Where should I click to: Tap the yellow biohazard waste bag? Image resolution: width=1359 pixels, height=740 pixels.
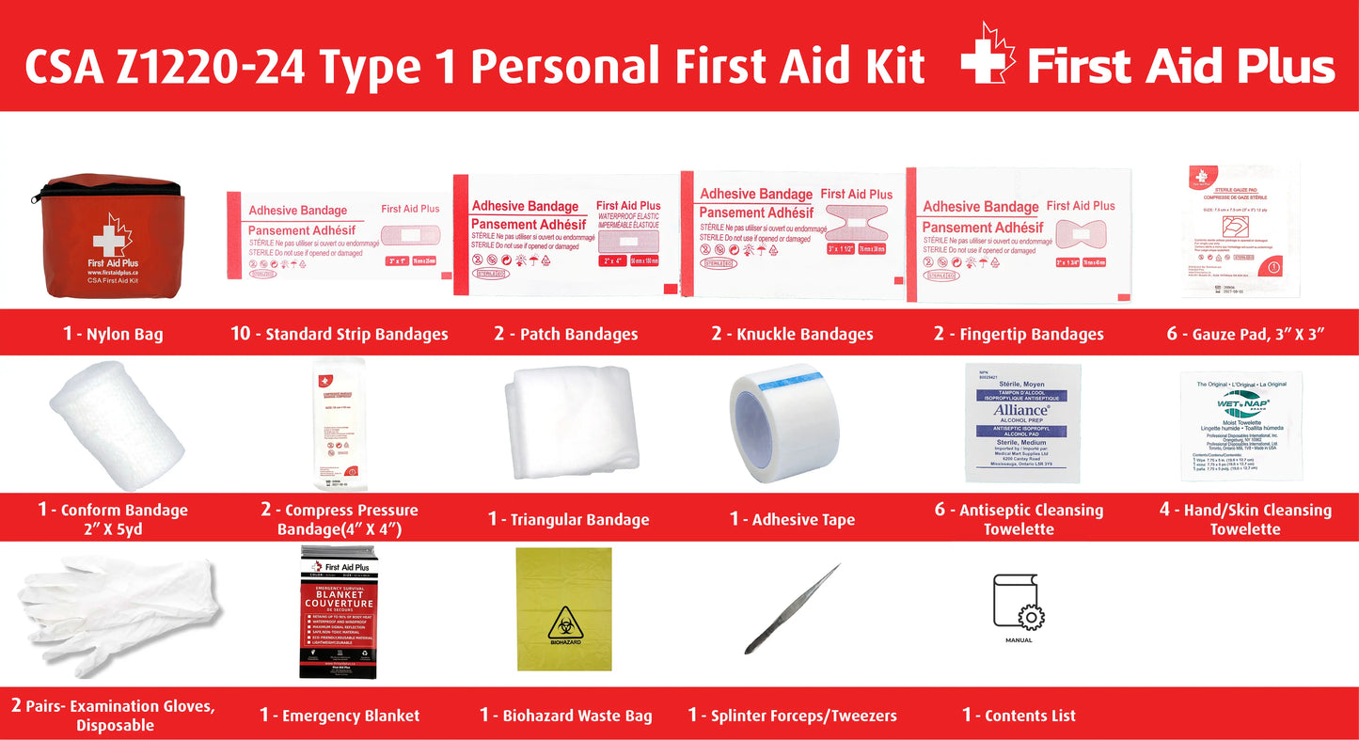pos(564,609)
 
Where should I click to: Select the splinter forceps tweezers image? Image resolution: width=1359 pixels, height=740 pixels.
pos(792,609)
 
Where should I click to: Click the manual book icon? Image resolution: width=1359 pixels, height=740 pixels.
pos(1019,603)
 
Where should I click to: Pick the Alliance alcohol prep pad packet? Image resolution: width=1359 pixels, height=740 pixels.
pos(1022,423)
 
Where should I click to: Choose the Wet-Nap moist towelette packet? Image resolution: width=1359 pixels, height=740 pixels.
pos(1240,425)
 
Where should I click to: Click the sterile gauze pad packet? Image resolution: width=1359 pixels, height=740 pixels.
pos(1240,229)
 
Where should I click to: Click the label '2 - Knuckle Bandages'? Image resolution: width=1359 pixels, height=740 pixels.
pos(792,334)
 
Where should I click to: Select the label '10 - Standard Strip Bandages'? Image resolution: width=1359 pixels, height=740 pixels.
pos(340,334)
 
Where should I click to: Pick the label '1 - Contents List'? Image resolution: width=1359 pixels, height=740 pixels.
pos(1019,716)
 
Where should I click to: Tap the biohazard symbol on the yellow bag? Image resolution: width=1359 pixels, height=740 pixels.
pos(564,622)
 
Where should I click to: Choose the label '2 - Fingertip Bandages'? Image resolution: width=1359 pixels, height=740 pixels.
pos(1019,334)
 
